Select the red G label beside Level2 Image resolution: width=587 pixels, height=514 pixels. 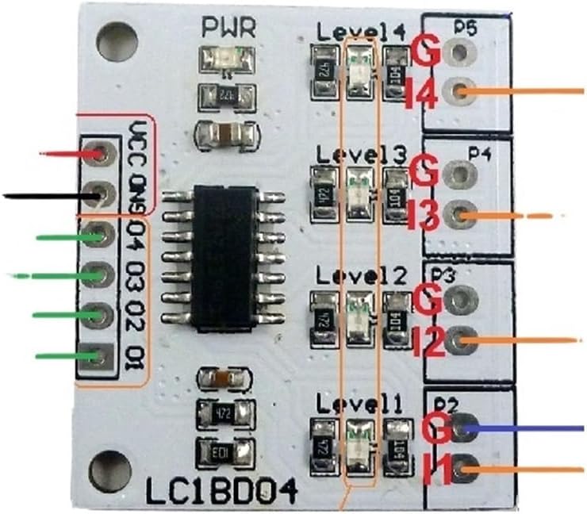(427, 301)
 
